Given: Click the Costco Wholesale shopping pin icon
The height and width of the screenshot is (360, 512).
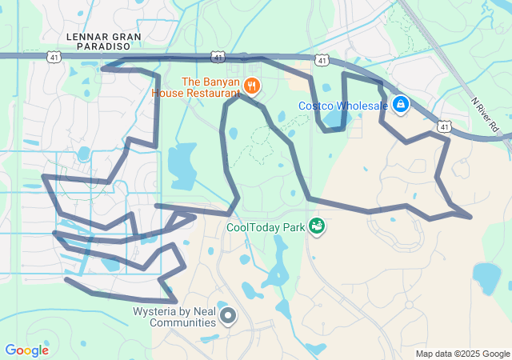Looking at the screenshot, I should point(401,104).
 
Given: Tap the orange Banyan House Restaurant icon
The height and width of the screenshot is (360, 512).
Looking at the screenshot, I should point(251,85).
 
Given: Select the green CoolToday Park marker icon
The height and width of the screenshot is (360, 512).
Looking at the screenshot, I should point(317,226).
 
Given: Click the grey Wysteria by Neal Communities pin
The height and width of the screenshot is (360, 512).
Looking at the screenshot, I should point(228,315).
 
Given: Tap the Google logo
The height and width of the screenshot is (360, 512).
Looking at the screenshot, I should point(26,350).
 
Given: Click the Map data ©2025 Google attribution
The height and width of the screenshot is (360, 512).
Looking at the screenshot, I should point(463,354).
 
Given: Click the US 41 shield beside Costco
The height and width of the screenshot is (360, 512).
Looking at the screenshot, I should point(322,60).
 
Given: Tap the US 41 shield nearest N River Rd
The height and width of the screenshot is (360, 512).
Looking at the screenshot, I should point(444,126).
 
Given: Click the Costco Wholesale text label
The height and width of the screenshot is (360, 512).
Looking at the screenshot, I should point(343,106).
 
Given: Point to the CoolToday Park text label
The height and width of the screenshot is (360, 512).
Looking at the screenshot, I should point(266,227).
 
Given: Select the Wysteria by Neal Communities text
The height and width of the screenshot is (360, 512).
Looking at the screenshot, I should point(174,317).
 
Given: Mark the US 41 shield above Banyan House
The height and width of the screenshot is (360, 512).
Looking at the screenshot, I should point(218,57).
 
